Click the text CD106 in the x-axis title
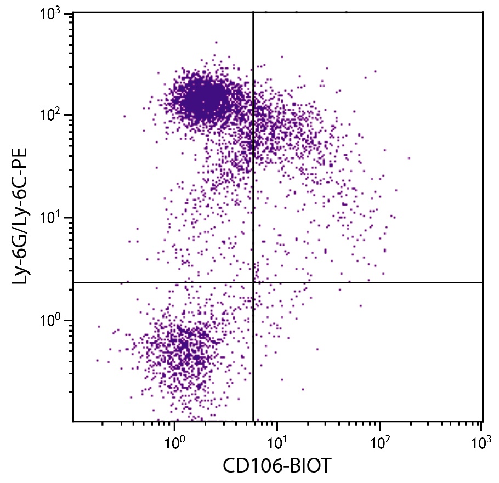point(250,467)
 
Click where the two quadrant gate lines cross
point(253,282)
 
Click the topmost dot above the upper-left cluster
point(216,42)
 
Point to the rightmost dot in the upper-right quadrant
point(409,158)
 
